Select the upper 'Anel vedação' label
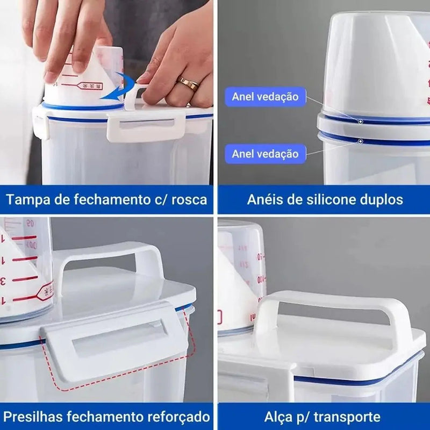tap(265, 97)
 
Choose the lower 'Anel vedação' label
tap(265, 154)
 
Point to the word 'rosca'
tap(189, 200)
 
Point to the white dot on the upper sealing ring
tap(361, 121)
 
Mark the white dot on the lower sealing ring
tap(361, 141)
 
